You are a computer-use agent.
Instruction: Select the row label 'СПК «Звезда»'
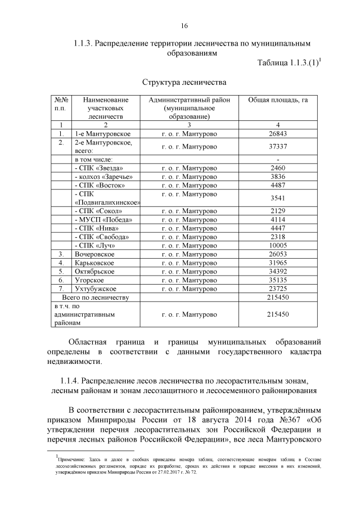(x=97, y=168)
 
